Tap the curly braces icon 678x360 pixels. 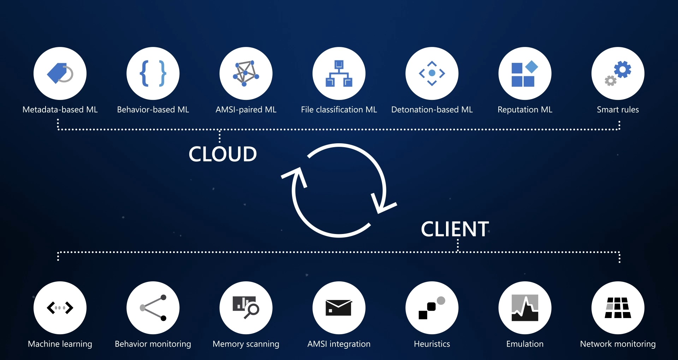153,73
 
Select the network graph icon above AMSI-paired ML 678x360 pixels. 246,73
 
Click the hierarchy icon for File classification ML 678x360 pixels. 339,73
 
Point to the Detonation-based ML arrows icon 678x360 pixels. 432,73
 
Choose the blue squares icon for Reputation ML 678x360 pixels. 524,74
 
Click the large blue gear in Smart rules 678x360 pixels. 623,70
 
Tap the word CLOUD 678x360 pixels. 222,154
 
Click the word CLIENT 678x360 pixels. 455,229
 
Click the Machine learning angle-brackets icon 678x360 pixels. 60,308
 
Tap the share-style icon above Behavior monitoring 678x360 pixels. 153,308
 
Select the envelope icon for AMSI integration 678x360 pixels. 338,308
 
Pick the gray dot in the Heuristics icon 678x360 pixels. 441,300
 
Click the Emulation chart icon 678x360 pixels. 525,308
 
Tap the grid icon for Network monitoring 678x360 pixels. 618,308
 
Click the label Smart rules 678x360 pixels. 618,110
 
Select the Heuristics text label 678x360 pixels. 432,344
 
